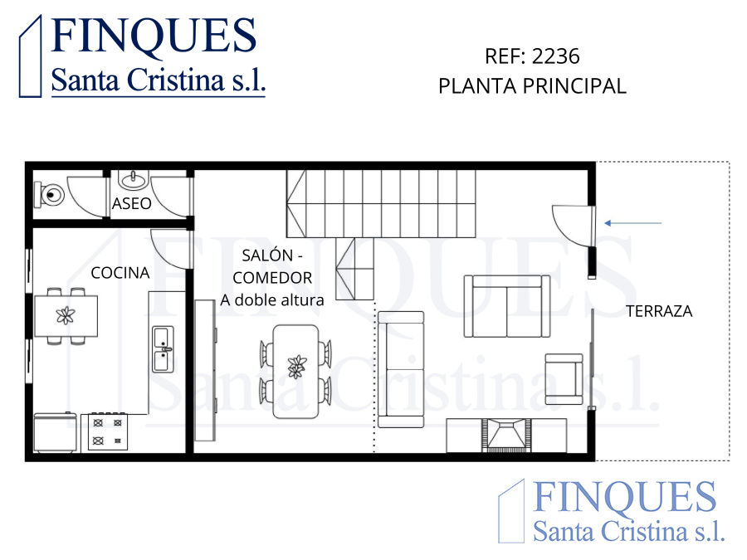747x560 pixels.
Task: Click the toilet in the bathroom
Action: click(x=49, y=194)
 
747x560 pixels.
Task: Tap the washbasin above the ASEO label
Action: click(x=134, y=179)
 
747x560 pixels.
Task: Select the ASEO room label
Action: click(x=131, y=204)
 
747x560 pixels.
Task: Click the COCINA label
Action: click(x=120, y=273)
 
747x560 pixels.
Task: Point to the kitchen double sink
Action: click(x=163, y=349)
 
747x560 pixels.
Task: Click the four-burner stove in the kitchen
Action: click(x=108, y=432)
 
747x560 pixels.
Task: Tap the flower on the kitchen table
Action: click(x=66, y=315)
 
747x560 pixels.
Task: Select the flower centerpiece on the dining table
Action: click(x=296, y=366)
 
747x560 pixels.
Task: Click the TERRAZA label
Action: click(x=659, y=311)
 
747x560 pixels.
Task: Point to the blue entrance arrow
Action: click(x=633, y=223)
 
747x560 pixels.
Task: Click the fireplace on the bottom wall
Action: click(x=506, y=436)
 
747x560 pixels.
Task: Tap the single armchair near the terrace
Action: click(x=564, y=379)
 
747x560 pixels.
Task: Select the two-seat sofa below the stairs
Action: click(x=507, y=306)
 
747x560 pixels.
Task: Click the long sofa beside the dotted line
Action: click(x=401, y=369)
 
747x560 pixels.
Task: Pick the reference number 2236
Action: click(x=556, y=56)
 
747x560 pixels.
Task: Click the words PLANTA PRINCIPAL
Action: click(x=532, y=86)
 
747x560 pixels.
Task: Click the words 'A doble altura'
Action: click(x=272, y=300)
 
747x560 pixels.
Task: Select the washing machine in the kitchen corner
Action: click(x=56, y=432)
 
